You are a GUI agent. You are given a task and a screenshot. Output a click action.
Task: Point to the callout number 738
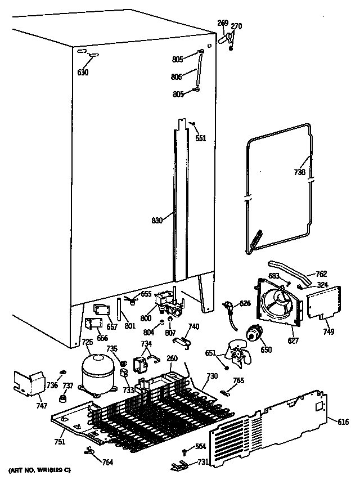(x=300, y=173)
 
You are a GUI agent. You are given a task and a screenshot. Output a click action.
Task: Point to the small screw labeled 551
(x=192, y=124)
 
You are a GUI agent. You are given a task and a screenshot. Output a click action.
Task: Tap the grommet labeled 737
(x=64, y=399)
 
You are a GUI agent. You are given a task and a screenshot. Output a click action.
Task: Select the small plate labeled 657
(x=101, y=309)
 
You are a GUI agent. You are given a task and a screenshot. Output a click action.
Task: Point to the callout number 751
(x=60, y=441)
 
